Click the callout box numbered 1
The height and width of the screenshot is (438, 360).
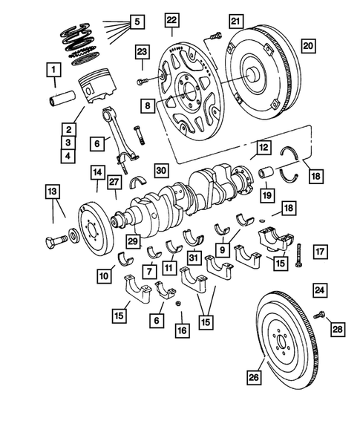point(53,71)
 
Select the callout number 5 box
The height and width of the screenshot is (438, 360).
point(135,22)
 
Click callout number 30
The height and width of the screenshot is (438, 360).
point(161,169)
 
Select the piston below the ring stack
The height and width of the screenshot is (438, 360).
point(97,81)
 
